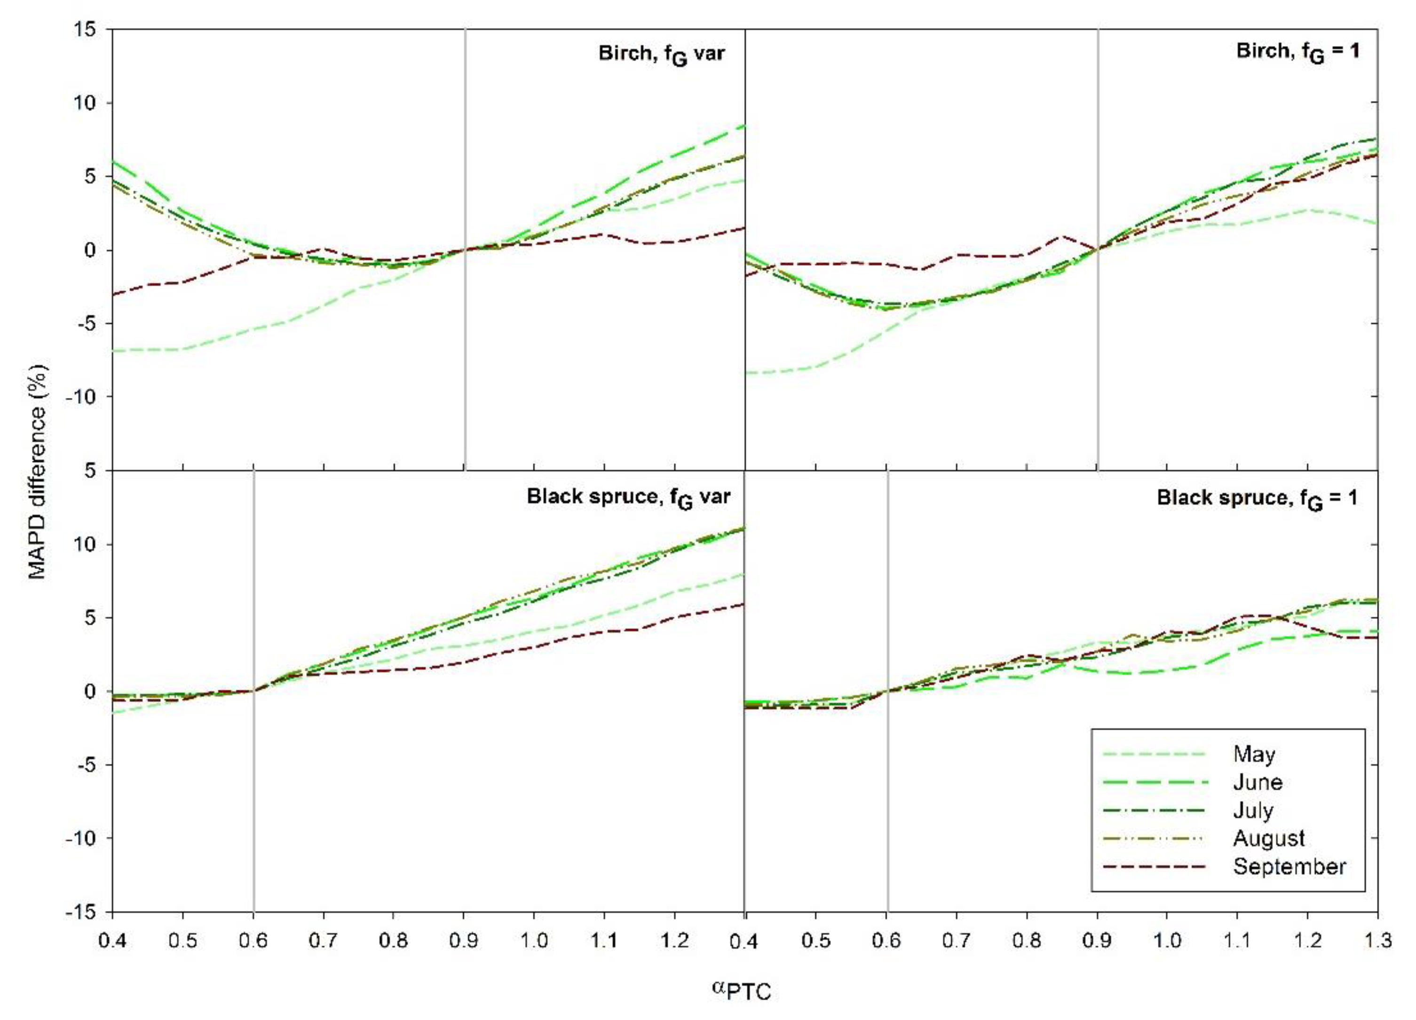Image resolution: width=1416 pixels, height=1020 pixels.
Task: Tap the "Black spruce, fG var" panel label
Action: (x=628, y=497)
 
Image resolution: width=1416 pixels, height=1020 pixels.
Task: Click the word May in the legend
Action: (x=1254, y=754)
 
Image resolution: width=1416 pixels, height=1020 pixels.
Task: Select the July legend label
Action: (x=1253, y=810)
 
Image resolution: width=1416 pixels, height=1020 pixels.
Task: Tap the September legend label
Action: (x=1289, y=866)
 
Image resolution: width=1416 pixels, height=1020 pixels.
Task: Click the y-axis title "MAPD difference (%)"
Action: (x=39, y=471)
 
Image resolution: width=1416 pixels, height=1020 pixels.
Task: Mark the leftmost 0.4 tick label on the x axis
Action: (x=112, y=940)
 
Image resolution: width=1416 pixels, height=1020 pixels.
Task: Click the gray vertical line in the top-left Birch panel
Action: (x=465, y=249)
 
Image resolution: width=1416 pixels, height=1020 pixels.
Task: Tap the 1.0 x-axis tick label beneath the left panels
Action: (x=534, y=940)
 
